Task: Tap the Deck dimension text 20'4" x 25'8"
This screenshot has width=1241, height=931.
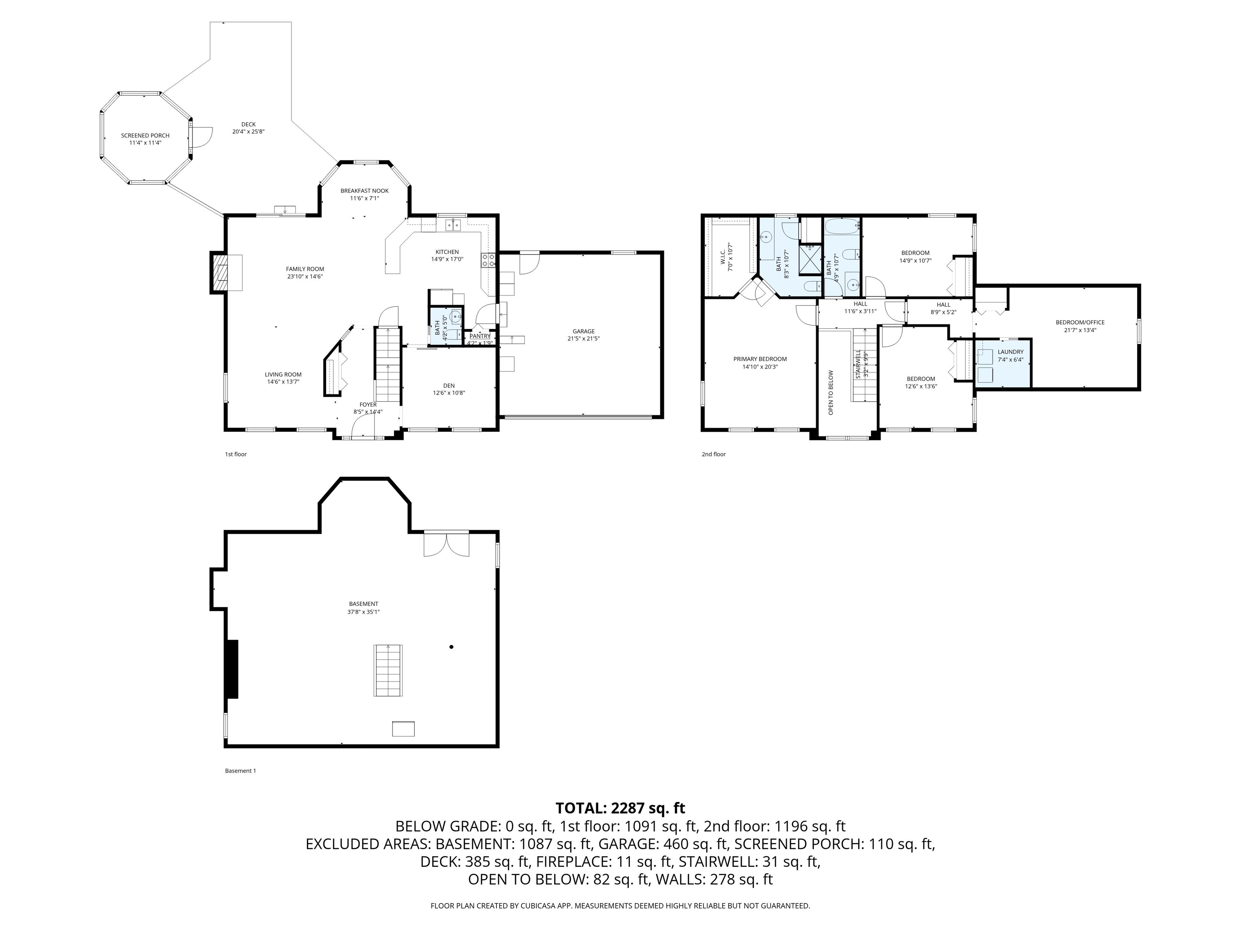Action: click(x=248, y=132)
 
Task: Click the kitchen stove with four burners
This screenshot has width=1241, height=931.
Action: click(x=488, y=260)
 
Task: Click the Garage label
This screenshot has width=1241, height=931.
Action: click(x=583, y=331)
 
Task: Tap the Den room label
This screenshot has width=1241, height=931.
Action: click(x=449, y=385)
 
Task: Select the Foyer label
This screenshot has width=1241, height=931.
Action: click(x=368, y=404)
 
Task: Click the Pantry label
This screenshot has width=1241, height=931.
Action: click(x=480, y=335)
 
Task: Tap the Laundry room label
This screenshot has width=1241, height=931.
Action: click(x=1010, y=352)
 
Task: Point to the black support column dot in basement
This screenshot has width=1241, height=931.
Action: click(x=451, y=647)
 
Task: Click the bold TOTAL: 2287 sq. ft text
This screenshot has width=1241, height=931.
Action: click(x=620, y=808)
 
